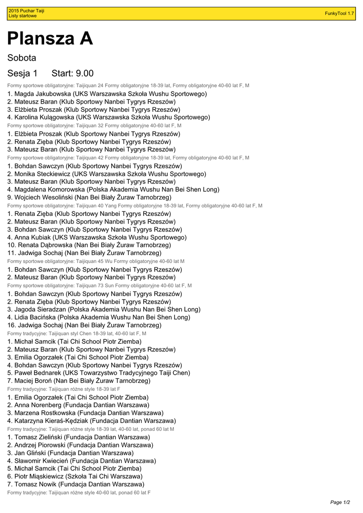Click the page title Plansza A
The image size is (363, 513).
[x=50, y=39]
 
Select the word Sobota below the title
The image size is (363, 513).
[x=22, y=58]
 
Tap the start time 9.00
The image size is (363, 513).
[x=83, y=74]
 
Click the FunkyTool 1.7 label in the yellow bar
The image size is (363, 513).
[x=339, y=14]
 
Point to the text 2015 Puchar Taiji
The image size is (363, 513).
[x=26, y=11]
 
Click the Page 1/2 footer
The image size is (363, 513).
[x=340, y=502]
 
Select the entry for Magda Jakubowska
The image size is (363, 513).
[x=107, y=94]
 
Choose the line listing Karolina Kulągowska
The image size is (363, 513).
[x=109, y=117]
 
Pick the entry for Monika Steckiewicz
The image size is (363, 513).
[x=107, y=174]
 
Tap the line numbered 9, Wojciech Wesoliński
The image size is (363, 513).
[x=89, y=197]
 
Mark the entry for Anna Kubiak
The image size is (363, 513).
[x=97, y=237]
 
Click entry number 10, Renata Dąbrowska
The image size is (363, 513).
[x=89, y=245]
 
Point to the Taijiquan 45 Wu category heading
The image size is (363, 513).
[x=96, y=262]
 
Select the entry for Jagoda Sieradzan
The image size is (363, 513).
[x=104, y=310]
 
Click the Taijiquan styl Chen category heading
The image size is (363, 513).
[x=77, y=333]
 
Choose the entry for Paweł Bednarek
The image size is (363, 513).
[x=99, y=373]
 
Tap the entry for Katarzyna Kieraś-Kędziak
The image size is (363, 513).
[x=92, y=421]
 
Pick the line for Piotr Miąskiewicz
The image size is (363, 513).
[x=75, y=476]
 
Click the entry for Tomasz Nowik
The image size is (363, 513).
[x=76, y=484]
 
